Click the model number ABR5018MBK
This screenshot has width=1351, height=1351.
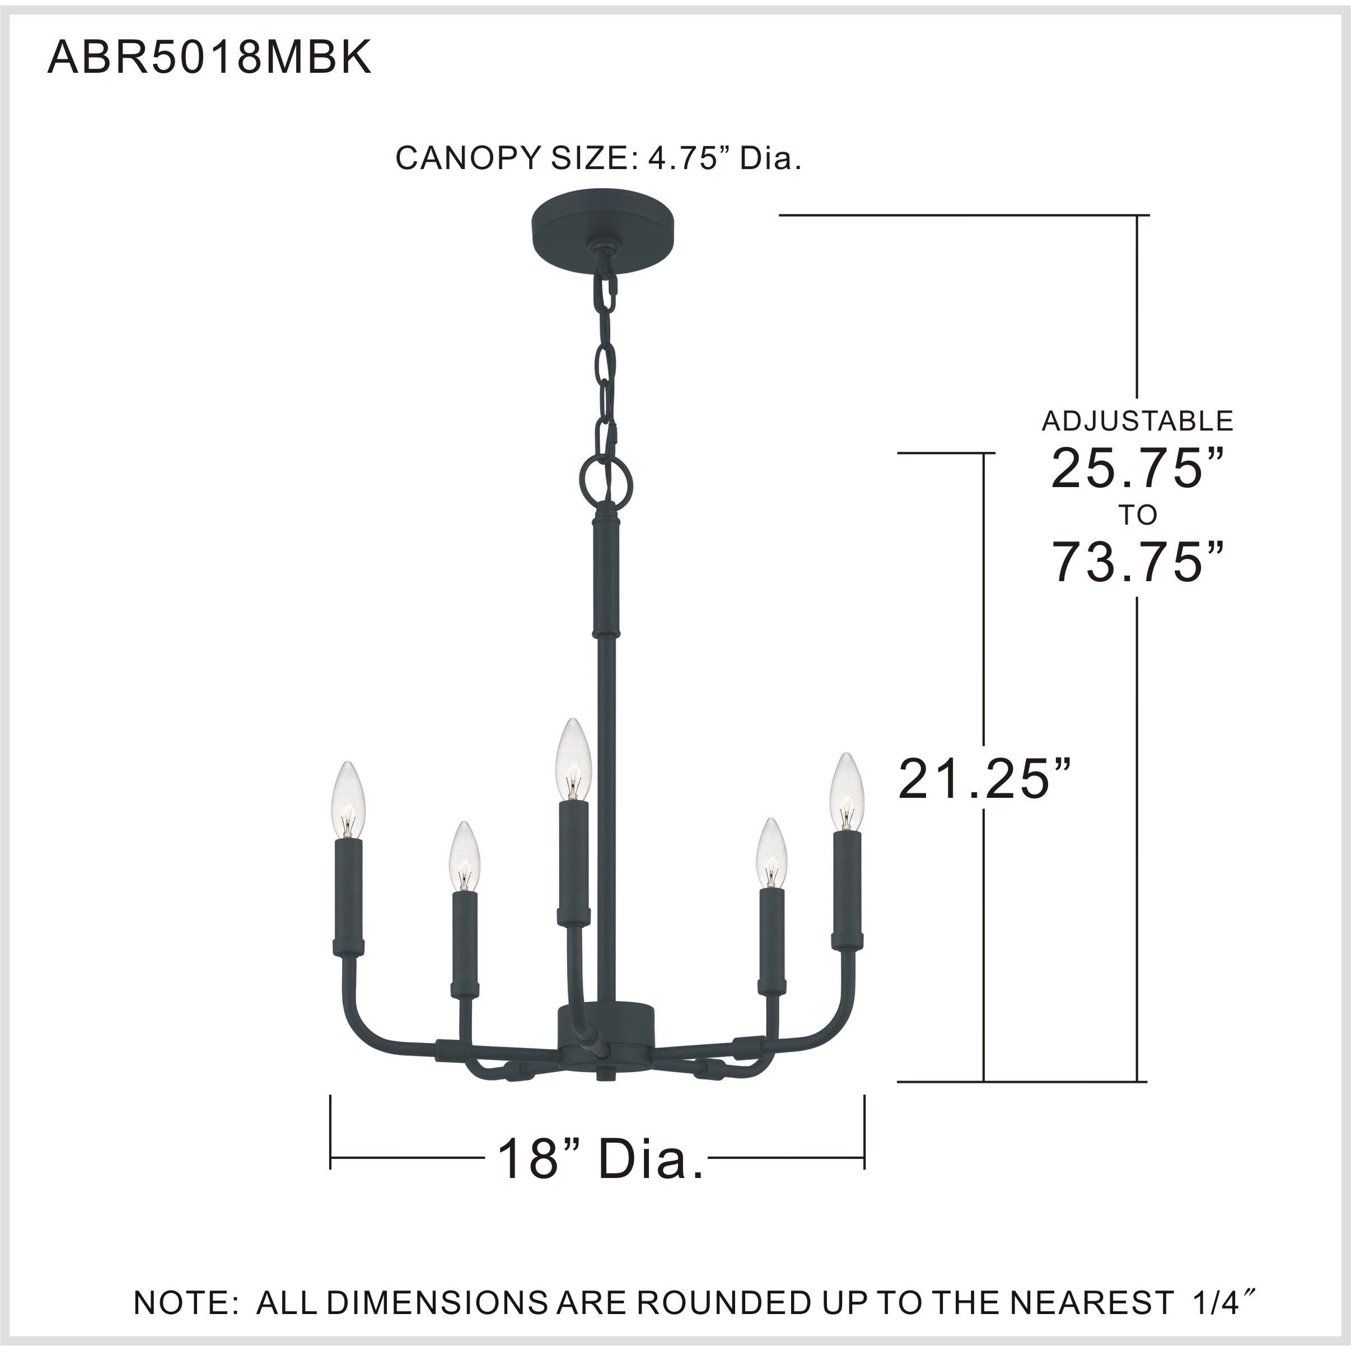pos(208,58)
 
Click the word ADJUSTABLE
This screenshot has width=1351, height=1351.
pos(1138,420)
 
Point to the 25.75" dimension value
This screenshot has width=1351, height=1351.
pos(1138,468)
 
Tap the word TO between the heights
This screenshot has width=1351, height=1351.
pos(1138,515)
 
